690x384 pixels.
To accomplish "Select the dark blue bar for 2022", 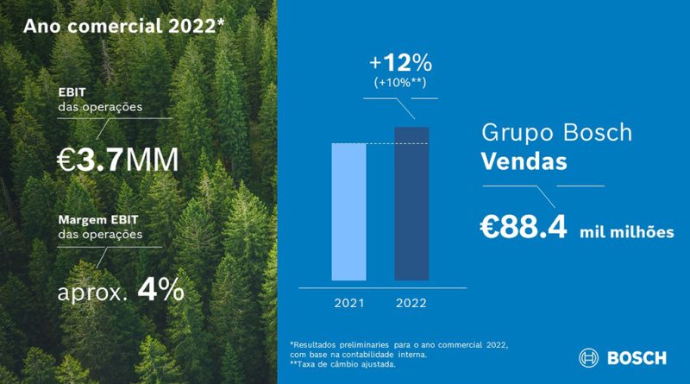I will (411, 204).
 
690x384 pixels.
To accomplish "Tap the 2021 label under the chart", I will (349, 303).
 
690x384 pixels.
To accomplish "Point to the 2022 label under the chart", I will (411, 303).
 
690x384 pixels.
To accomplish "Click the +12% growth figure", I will (399, 64).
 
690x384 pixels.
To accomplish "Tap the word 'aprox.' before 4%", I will (91, 292).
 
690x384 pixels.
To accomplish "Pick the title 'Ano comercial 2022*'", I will (124, 25).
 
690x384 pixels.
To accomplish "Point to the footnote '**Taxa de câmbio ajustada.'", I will (343, 364).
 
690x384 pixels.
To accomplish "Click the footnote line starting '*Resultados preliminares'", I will (398, 343).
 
